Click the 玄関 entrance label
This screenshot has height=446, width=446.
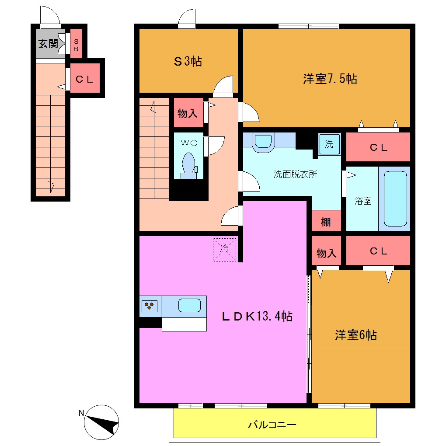tap(48, 44)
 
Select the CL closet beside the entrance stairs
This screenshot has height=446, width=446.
tap(85, 79)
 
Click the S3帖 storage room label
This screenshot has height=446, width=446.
tap(188, 62)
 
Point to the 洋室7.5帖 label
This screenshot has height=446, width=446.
tap(330, 79)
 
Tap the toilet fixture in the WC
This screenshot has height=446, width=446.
tap(189, 164)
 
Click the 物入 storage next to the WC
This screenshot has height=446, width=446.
tap(188, 114)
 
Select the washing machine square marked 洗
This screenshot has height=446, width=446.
tap(329, 144)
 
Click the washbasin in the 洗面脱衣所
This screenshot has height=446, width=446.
tap(263, 142)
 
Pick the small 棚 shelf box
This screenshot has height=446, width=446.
tap(326, 222)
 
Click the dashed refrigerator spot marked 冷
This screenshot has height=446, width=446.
tap(224, 249)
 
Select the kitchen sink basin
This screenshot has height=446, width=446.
tap(189, 305)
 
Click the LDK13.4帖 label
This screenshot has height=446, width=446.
tap(257, 317)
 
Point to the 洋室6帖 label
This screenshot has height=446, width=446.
tap(355, 335)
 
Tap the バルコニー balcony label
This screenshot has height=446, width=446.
tap(272, 425)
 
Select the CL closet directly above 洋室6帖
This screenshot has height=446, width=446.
tap(378, 251)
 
